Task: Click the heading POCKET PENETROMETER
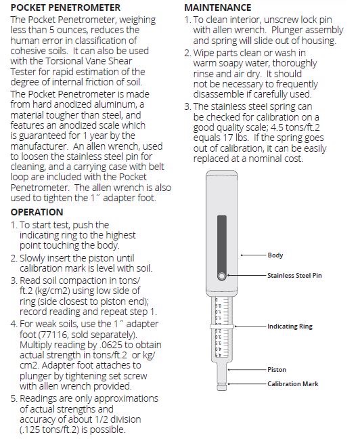[x=66, y=7]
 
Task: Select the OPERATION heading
[x=37, y=212]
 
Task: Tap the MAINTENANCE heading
[x=218, y=7]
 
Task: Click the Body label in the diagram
[x=275, y=255]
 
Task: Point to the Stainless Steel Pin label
[x=294, y=275]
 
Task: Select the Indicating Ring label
[x=290, y=327]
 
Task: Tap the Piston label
[x=277, y=370]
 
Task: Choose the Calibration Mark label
[x=293, y=384]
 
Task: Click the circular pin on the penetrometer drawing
[x=221, y=276]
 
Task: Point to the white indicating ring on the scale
[x=222, y=327]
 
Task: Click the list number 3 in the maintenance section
[x=187, y=106]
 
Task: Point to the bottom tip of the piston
[x=222, y=390]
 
